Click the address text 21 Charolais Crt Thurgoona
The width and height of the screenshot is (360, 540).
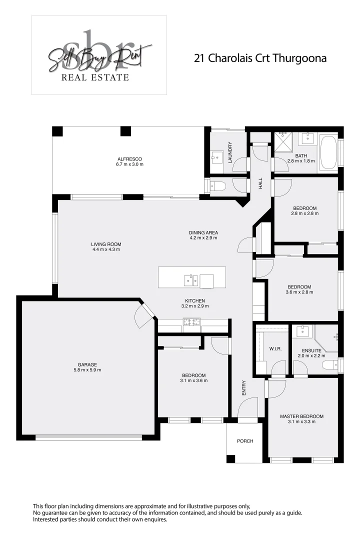260,58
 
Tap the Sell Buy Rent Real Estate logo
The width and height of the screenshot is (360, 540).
99,55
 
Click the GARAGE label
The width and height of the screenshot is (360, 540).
87,364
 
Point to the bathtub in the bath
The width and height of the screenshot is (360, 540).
328,152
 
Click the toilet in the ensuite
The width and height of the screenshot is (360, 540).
329,365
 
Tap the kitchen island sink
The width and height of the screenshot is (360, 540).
191,280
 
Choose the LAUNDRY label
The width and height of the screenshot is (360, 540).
230,152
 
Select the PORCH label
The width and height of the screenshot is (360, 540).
245,441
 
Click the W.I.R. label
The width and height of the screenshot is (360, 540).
275,349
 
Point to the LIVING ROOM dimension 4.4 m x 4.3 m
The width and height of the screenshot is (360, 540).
106,249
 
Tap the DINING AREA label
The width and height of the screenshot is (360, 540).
203,232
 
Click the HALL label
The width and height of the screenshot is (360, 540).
260,183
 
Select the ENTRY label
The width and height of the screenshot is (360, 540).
244,388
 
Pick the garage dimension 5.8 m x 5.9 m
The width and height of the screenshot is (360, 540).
87,370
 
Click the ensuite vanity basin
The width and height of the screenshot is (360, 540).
303,331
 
